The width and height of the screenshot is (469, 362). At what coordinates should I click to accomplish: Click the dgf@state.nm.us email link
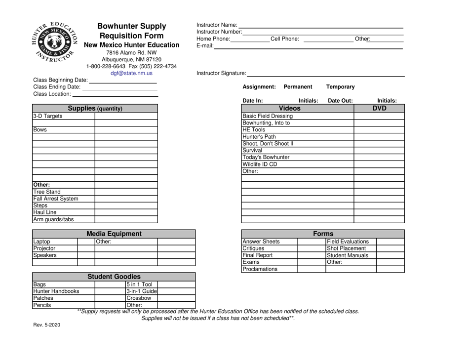[x=131, y=74]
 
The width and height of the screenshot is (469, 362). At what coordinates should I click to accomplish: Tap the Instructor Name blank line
[x=321, y=25]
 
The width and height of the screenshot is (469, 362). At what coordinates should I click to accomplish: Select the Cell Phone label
[x=285, y=39]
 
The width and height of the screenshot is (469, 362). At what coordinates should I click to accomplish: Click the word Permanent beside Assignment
[x=298, y=86]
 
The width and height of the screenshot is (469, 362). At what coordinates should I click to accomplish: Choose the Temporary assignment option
[x=340, y=86]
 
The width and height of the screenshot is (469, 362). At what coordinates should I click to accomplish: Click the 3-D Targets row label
[x=48, y=117]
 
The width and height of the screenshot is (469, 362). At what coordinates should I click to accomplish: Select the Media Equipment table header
[x=114, y=234]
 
